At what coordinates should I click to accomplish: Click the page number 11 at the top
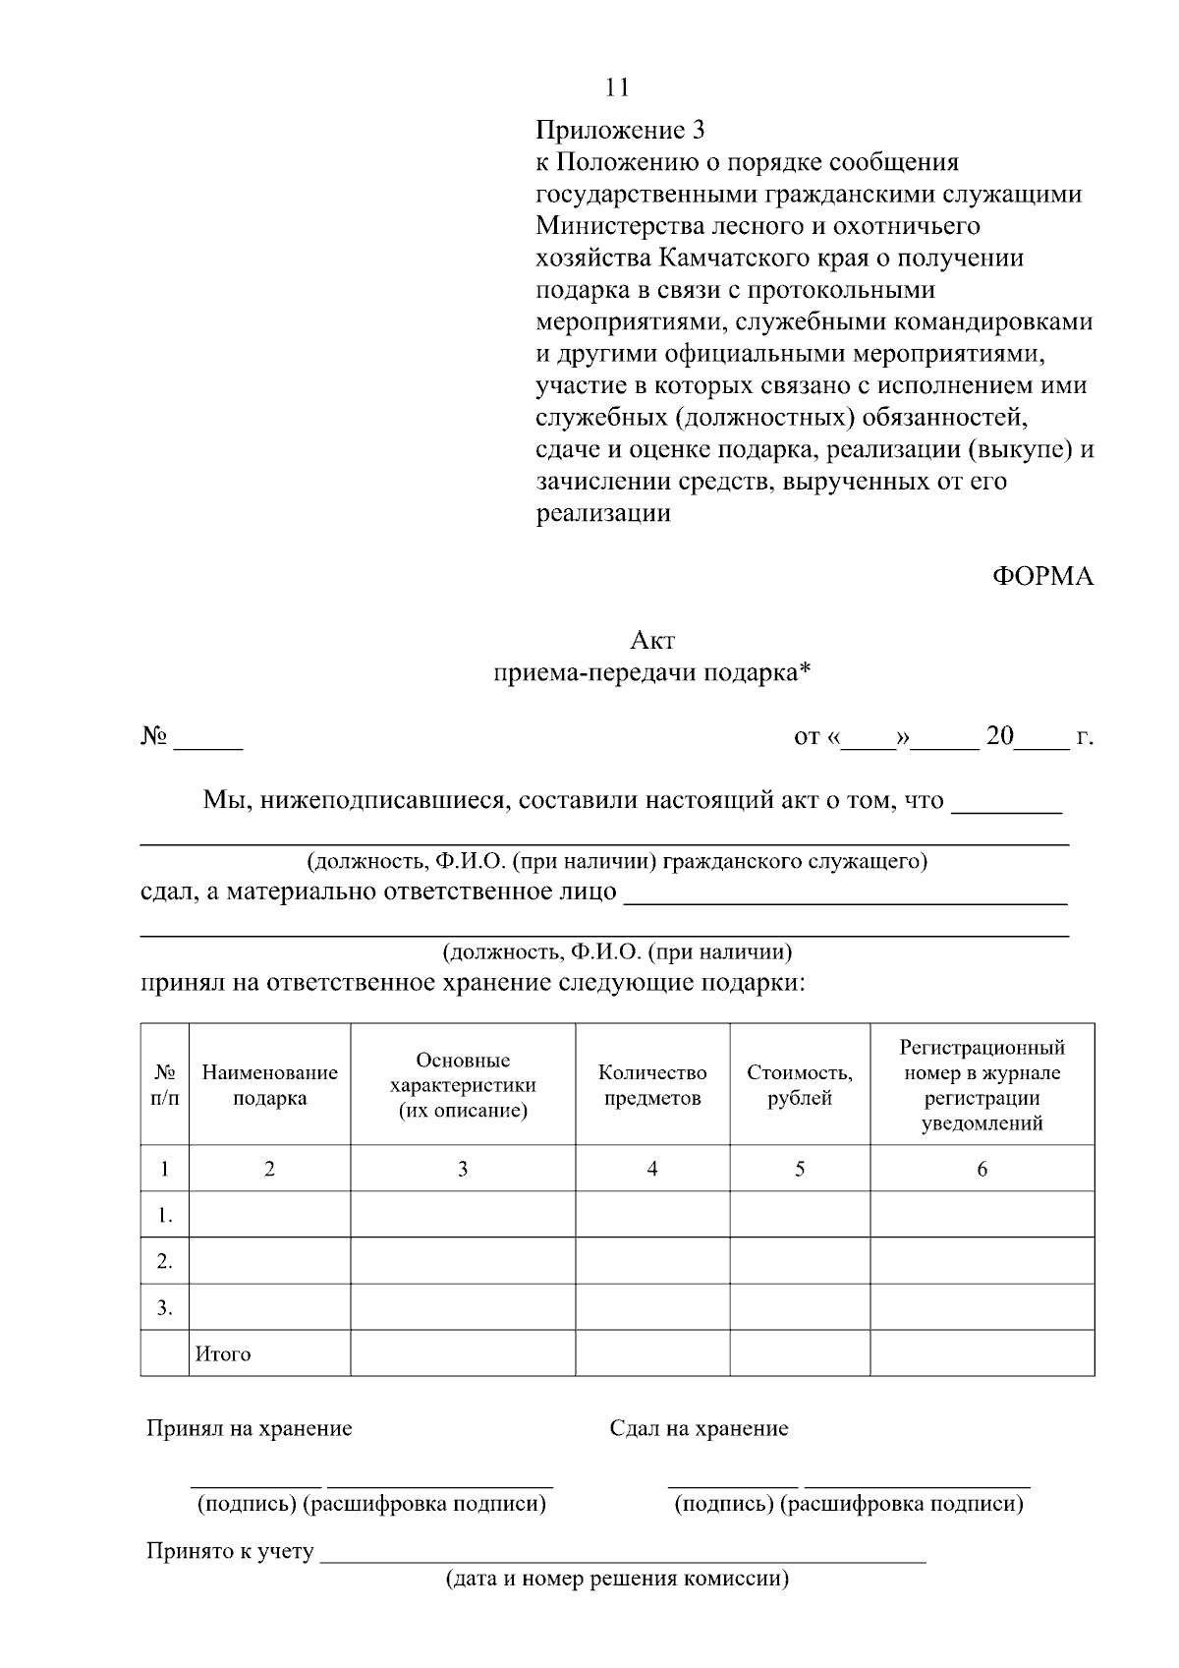[x=617, y=87]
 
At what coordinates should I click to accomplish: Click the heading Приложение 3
[x=620, y=130]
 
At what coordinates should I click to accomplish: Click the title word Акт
[x=652, y=641]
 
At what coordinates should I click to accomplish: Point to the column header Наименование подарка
[x=269, y=1085]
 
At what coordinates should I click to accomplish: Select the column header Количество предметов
[x=652, y=1085]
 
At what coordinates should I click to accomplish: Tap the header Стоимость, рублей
[x=800, y=1085]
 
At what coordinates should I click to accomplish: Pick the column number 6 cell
[x=982, y=1169]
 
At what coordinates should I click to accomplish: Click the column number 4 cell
[x=652, y=1169]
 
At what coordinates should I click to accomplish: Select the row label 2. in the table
[x=165, y=1261]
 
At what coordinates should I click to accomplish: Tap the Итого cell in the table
[x=223, y=1354]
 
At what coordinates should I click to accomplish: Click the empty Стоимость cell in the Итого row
[x=800, y=1353]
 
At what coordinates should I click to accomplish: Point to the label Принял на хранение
[x=249, y=1428]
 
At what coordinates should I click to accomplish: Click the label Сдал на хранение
[x=699, y=1428]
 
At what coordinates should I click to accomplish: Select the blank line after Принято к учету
[x=623, y=1556]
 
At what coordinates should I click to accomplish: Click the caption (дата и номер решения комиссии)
[x=617, y=1580]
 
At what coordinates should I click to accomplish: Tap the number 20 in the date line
[x=999, y=736]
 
